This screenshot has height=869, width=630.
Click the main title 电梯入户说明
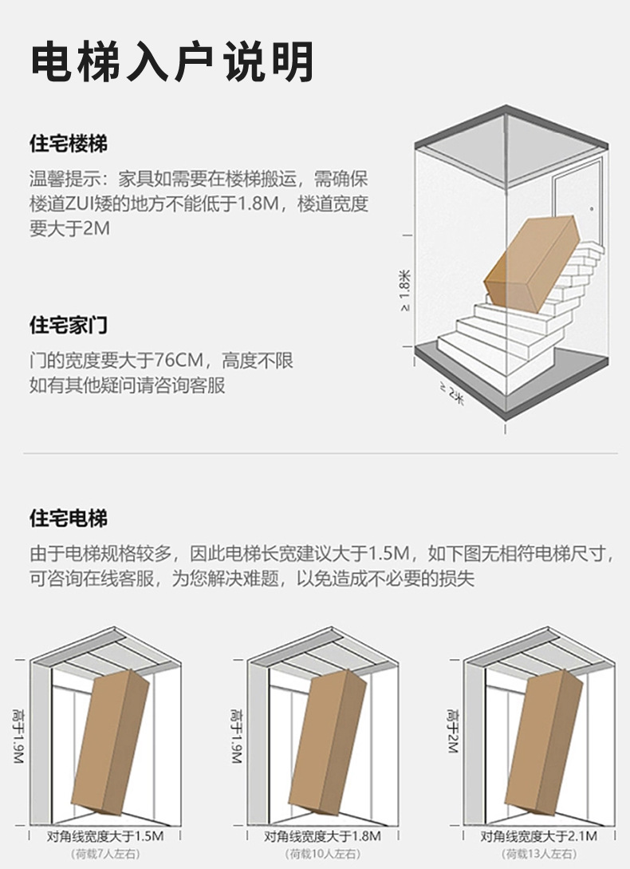tap(171, 62)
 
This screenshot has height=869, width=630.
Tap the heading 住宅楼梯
tap(69, 144)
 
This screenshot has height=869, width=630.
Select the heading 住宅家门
tap(69, 326)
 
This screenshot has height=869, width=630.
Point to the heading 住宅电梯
tap(69, 519)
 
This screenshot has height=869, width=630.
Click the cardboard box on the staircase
tap(531, 263)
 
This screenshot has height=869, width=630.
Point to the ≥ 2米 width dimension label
tap(451, 393)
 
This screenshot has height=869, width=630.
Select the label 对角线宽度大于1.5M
tap(105, 836)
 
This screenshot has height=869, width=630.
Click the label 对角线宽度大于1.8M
tap(322, 836)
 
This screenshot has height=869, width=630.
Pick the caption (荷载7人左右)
tap(105, 855)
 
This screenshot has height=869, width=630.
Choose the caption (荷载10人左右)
tap(322, 855)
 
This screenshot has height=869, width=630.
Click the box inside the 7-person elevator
tap(110, 742)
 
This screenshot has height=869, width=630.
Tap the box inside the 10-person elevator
tap(327, 742)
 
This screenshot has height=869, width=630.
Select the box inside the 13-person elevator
tap(543, 742)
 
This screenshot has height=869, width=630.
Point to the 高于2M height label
tap(452, 732)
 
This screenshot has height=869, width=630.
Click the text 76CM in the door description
tap(180, 361)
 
